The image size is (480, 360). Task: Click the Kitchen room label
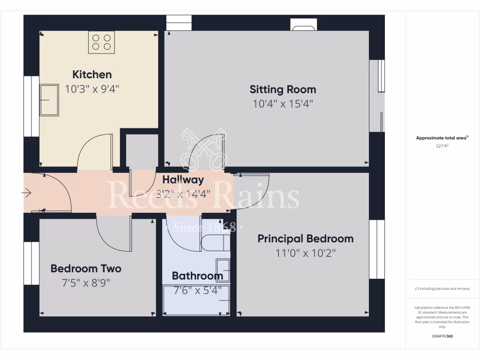92,75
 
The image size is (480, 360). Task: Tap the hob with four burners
101,42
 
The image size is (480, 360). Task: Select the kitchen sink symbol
49,99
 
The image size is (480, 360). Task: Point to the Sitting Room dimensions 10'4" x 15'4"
283,104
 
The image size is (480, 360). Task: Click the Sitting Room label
283,90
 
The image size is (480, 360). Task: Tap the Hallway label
183,180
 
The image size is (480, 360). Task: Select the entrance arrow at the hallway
26,193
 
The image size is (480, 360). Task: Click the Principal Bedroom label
306,239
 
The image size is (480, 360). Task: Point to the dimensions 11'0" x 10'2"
306,253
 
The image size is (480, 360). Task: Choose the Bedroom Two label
86,269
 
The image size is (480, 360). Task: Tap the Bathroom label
197,276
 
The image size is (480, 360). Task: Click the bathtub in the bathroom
196,300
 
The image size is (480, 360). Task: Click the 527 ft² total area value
442,146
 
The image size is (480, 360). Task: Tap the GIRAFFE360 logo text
442,336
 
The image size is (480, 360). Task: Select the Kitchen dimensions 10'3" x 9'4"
92,89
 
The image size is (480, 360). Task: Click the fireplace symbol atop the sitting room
304,25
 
